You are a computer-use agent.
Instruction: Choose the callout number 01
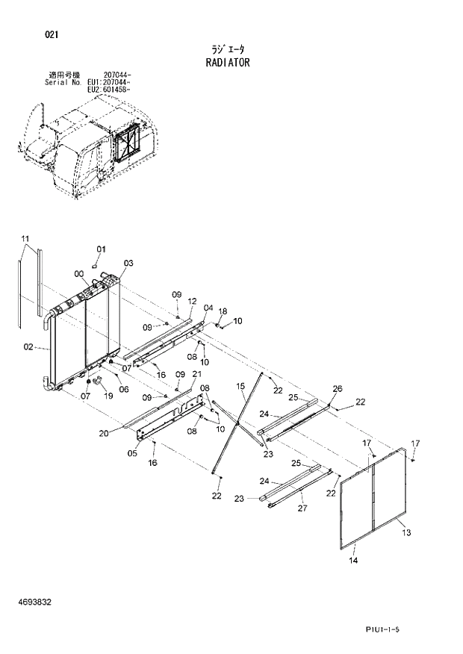pyautogui.click(x=102, y=249)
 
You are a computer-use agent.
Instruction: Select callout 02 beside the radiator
pyautogui.click(x=28, y=346)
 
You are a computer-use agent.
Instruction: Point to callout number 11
pyautogui.click(x=25, y=239)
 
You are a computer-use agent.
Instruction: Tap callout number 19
pyautogui.click(x=108, y=396)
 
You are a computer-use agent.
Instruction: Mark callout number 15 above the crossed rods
pyautogui.click(x=240, y=385)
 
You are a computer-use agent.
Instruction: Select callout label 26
pyautogui.click(x=338, y=388)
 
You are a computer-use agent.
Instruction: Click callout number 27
pyautogui.click(x=302, y=508)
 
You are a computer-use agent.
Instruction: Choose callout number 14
pyautogui.click(x=353, y=560)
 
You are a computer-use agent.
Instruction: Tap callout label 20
pyautogui.click(x=104, y=433)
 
